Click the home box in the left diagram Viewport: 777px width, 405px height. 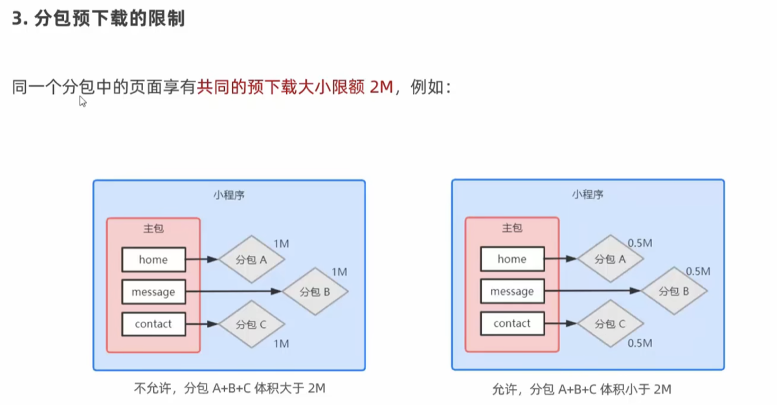(x=153, y=259)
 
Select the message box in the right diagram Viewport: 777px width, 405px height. (x=512, y=291)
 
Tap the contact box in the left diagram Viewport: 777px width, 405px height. (x=153, y=324)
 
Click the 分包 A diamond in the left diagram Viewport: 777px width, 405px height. (x=251, y=259)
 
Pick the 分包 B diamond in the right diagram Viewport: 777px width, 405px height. (x=674, y=291)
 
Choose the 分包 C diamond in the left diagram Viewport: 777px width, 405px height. (x=251, y=324)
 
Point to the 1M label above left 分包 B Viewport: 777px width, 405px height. (x=339, y=272)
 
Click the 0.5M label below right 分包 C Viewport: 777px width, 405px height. (x=640, y=343)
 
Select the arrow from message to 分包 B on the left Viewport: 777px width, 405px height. (x=234, y=292)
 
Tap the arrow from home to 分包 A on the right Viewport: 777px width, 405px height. (x=561, y=259)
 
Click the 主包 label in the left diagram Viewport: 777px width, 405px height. (x=153, y=228)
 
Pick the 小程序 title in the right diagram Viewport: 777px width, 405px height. (x=588, y=194)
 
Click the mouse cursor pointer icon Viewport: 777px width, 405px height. (x=83, y=102)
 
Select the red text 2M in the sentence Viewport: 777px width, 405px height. (x=381, y=87)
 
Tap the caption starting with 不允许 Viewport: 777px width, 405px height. (x=230, y=388)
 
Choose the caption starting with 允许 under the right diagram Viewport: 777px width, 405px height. (x=581, y=389)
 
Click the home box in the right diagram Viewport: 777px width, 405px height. (x=512, y=259)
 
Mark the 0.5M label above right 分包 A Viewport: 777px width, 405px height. (x=640, y=243)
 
